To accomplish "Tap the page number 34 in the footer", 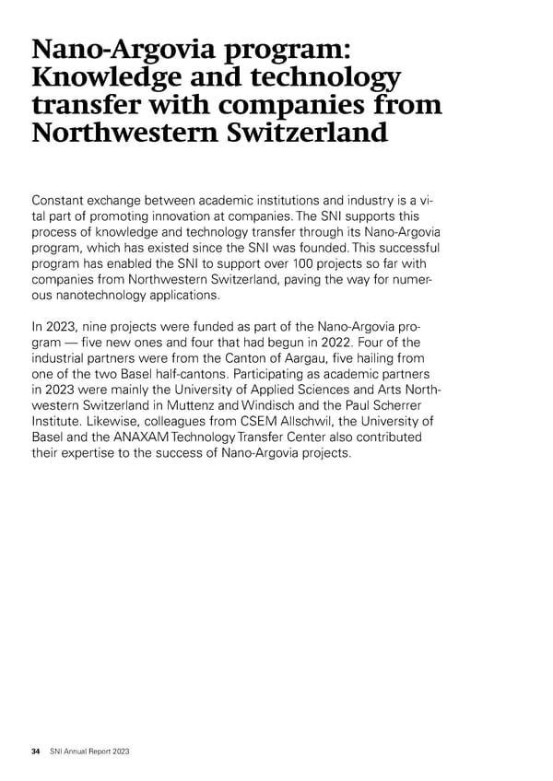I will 36,752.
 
